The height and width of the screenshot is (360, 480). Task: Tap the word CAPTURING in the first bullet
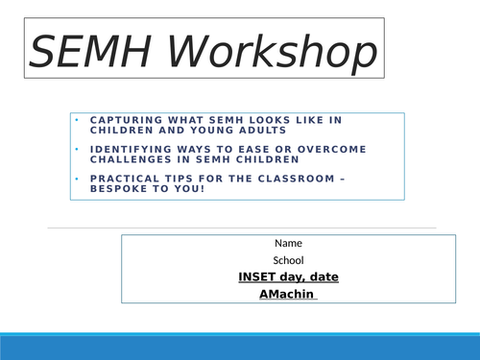coord(121,120)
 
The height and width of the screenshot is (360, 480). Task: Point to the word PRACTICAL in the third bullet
coord(121,177)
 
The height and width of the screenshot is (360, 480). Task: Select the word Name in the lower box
coord(288,243)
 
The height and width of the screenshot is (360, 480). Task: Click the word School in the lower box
coord(288,260)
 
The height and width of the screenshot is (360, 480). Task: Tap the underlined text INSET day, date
coord(288,277)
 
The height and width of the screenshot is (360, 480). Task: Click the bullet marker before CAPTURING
coord(77,120)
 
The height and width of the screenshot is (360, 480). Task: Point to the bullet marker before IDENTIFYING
coord(77,149)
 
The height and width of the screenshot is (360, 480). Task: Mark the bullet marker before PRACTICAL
coord(77,177)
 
